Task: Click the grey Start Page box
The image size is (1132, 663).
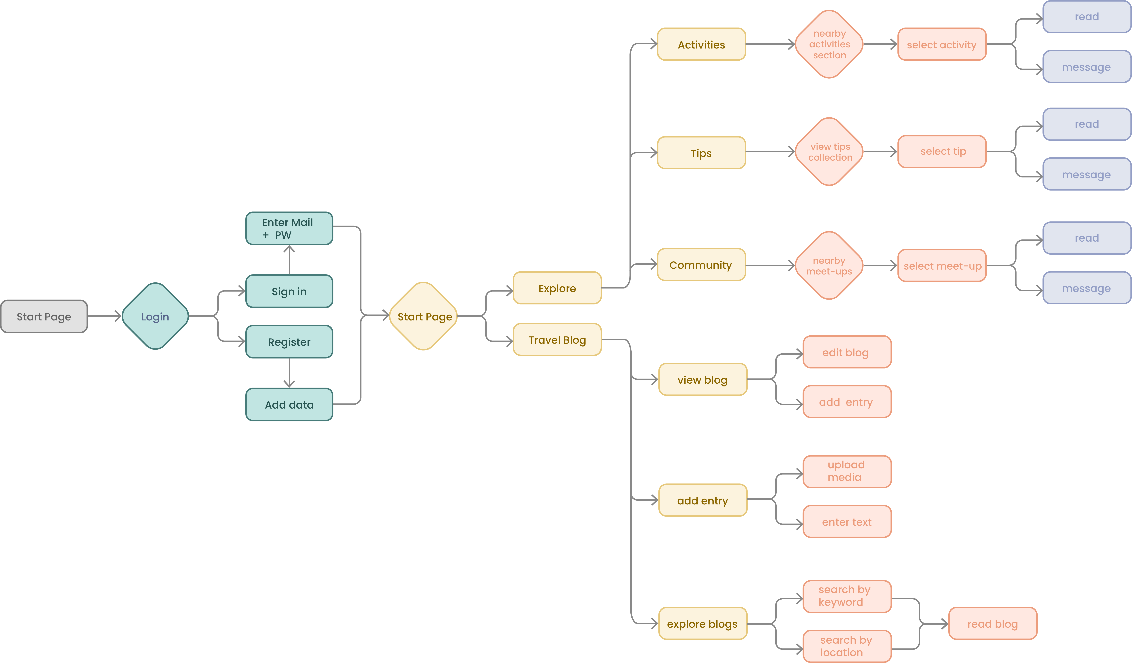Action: pyautogui.click(x=44, y=317)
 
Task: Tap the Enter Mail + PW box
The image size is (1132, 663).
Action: pyautogui.click(x=289, y=229)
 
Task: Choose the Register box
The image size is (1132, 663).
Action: pyautogui.click(x=289, y=342)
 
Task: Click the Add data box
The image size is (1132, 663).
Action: pyautogui.click(x=289, y=405)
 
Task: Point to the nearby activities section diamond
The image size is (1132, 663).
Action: pyautogui.click(x=829, y=44)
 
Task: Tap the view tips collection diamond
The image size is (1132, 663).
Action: pyautogui.click(x=829, y=152)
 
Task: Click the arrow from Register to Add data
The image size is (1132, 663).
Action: pyautogui.click(x=289, y=373)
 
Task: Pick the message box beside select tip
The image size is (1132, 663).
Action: pyautogui.click(x=1086, y=174)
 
